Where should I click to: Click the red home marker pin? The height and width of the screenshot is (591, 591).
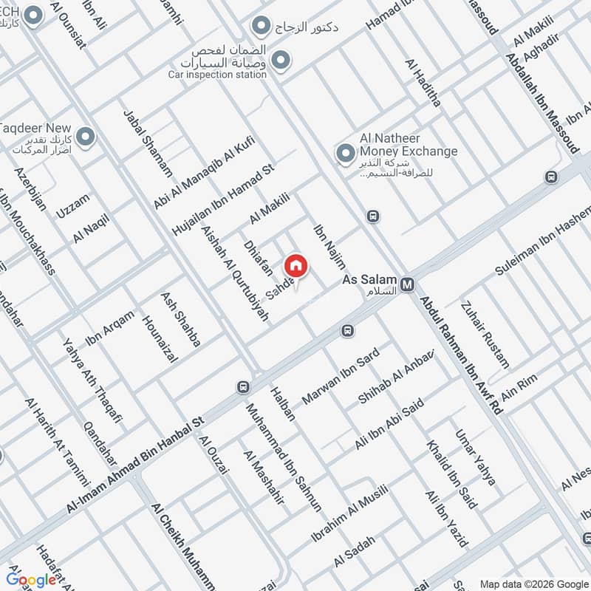tap(295, 266)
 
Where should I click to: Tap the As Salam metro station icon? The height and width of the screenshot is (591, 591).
tap(407, 283)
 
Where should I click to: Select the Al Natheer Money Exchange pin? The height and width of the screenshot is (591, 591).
tap(344, 154)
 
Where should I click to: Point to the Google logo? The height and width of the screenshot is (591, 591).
tap(32, 579)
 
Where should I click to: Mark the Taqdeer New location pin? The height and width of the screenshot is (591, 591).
tap(86, 137)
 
